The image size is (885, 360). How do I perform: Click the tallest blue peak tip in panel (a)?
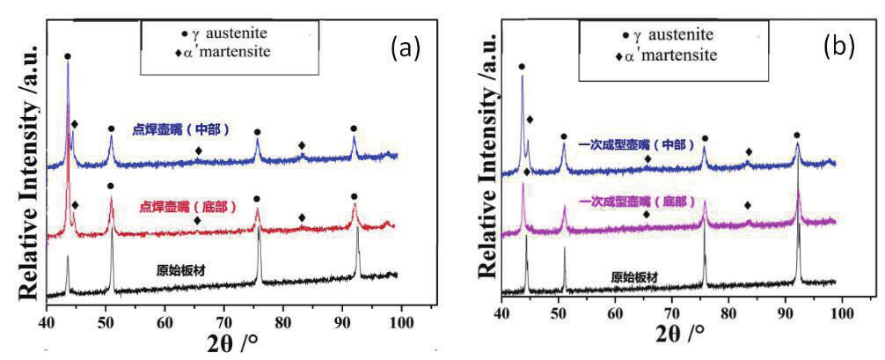68,63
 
